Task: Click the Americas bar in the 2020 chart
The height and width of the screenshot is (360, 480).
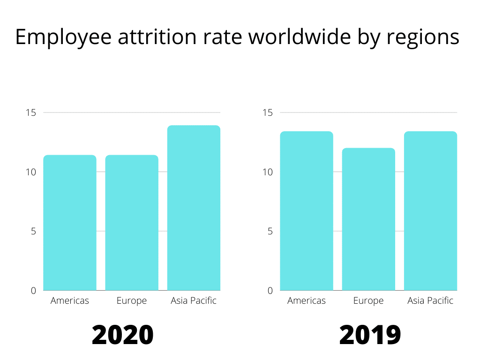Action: point(70,223)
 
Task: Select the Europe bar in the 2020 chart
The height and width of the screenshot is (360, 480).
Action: point(132,223)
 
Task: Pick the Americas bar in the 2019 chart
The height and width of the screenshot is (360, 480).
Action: point(307,211)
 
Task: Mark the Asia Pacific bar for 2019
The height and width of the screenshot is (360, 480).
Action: point(430,211)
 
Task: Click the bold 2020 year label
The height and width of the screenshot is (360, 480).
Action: point(122,335)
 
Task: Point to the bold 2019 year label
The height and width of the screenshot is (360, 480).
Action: point(370,335)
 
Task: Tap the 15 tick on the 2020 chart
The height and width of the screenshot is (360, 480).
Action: point(31,112)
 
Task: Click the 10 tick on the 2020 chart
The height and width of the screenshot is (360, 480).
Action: point(31,172)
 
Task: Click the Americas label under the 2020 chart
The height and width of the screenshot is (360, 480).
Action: point(70,301)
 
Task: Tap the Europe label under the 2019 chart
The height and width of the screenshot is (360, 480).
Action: point(368,301)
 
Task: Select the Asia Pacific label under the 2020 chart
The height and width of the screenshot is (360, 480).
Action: point(194,301)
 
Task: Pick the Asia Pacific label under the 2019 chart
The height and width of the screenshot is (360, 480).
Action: point(430,301)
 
